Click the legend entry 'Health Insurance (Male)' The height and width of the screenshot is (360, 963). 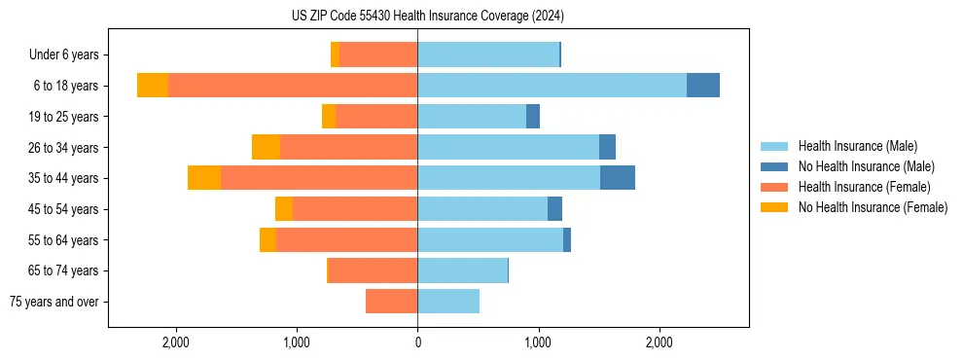tap(857, 146)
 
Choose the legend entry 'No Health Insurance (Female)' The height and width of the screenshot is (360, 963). tap(873, 207)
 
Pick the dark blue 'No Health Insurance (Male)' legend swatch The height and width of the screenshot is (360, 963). tap(774, 166)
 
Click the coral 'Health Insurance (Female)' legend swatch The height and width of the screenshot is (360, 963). tap(774, 187)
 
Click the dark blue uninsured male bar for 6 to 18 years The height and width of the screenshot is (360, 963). tap(702, 86)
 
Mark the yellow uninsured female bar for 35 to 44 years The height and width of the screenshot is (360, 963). tap(204, 178)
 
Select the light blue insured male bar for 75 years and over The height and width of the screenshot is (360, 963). tap(448, 302)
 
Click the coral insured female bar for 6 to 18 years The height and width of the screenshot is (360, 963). tap(293, 86)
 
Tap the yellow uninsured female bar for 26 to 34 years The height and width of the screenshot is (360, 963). tap(266, 147)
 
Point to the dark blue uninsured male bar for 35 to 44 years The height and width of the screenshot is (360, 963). tap(617, 178)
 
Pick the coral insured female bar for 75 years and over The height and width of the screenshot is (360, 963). tap(391, 302)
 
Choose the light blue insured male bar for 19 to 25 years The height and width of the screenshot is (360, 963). tap(472, 117)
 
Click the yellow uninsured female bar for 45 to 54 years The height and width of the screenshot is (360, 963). tap(284, 209)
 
